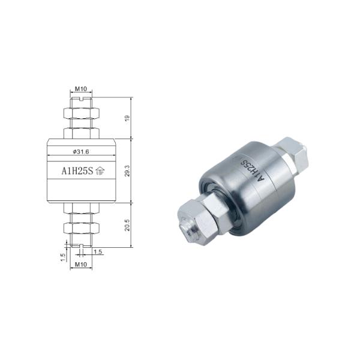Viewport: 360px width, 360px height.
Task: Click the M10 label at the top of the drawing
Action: point(80,89)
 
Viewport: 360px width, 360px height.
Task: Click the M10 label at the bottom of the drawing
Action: point(80,264)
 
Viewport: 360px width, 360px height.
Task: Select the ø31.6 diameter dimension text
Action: point(80,151)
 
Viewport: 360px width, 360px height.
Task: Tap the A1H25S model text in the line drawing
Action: point(76,170)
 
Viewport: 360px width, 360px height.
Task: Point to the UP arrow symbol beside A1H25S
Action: point(100,171)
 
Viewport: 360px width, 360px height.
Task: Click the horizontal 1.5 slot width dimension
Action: point(97,252)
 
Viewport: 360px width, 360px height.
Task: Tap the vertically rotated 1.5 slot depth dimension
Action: point(62,256)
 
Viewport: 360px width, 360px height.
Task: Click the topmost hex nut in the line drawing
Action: point(80,113)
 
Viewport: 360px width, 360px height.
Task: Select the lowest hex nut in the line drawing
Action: point(80,229)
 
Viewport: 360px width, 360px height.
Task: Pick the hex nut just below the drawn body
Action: point(80,208)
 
